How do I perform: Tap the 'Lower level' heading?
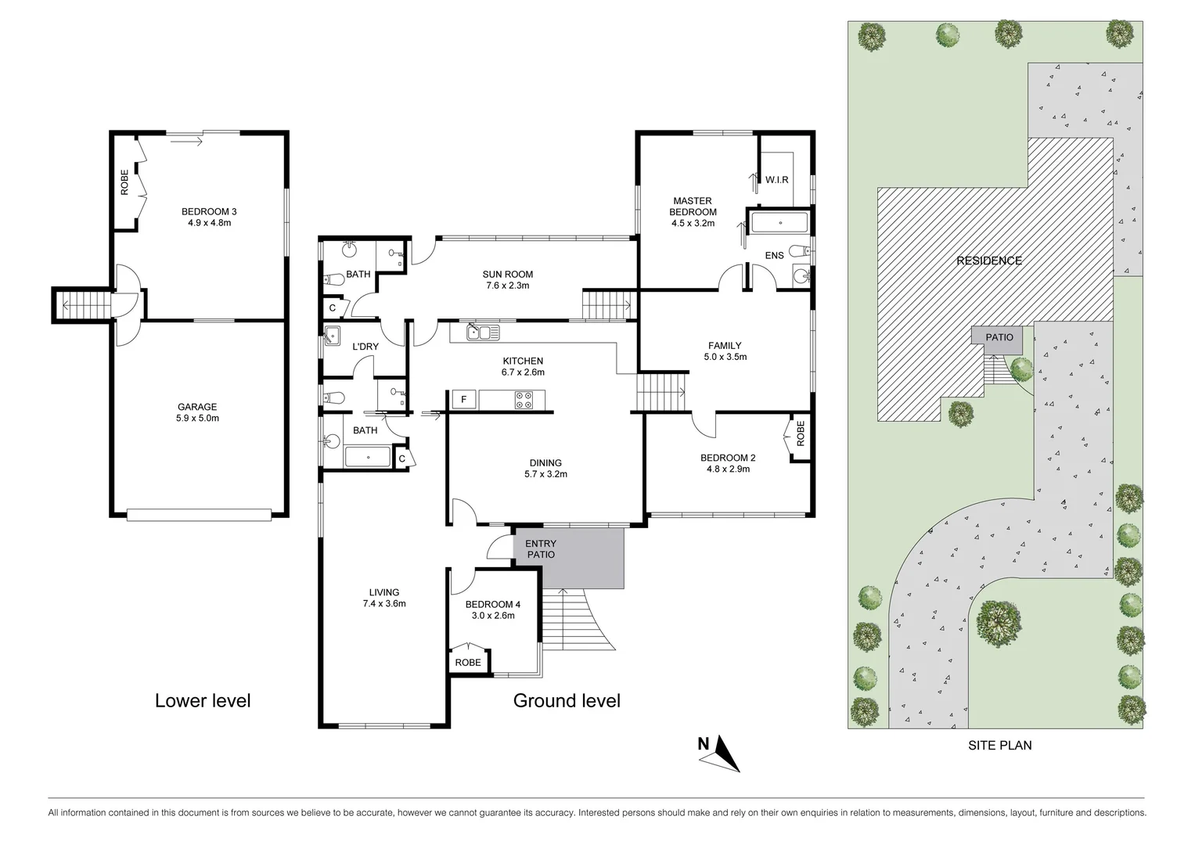click(203, 700)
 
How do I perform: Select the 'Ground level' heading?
click(567, 700)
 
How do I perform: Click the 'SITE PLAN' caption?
click(999, 746)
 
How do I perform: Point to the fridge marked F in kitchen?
click(463, 400)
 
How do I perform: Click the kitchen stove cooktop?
click(524, 400)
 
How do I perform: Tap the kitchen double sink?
click(483, 333)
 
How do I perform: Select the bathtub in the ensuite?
click(779, 222)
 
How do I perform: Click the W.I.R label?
click(776, 180)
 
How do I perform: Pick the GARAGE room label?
click(197, 407)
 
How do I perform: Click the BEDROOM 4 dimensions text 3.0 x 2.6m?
click(492, 616)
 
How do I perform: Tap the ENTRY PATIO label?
click(541, 549)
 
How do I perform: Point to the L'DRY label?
click(365, 347)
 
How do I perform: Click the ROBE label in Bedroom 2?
click(800, 434)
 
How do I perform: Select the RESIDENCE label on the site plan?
click(989, 261)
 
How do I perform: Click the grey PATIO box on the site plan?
click(999, 338)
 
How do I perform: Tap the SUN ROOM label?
click(507, 274)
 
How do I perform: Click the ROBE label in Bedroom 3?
click(124, 182)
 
